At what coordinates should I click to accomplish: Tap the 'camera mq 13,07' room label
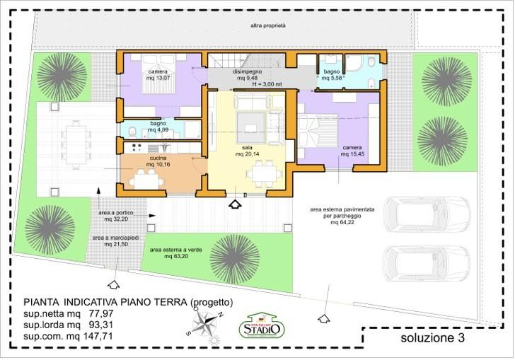pyautogui.click(x=158, y=74)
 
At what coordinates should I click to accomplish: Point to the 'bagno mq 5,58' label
pyautogui.click(x=332, y=75)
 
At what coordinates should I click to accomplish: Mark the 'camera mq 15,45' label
pyautogui.click(x=352, y=151)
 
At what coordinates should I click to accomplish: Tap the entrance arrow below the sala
pyautogui.click(x=236, y=204)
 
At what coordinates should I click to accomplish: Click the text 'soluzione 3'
pyautogui.click(x=432, y=339)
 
